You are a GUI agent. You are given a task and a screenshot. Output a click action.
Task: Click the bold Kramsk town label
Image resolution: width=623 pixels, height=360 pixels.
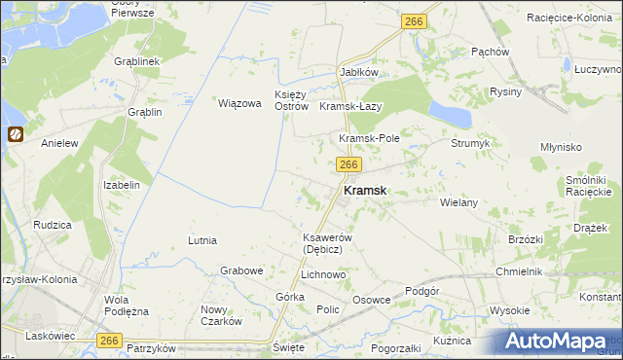click(366, 192)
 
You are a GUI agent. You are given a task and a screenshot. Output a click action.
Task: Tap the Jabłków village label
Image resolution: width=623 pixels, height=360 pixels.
click(357, 72)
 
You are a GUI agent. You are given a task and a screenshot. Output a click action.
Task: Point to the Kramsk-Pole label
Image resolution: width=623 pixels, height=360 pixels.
click(369, 139)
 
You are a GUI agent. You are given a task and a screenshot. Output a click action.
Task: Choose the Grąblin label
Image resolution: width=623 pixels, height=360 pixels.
click(144, 112)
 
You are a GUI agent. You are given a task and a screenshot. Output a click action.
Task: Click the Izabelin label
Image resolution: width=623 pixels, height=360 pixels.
click(123, 184)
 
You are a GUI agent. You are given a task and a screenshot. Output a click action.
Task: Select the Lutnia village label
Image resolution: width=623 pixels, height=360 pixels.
click(202, 239)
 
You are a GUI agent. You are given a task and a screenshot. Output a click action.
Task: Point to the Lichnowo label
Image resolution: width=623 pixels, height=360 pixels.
click(323, 275)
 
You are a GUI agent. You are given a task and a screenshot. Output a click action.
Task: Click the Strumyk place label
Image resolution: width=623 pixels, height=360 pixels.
click(470, 143)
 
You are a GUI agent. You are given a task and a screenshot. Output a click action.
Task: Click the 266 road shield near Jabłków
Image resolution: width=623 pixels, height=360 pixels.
click(414, 20)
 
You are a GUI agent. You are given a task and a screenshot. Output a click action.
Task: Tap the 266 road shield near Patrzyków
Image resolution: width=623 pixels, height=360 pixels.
click(109, 339)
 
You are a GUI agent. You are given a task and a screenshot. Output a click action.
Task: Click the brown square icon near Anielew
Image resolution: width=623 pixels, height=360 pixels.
click(16, 135)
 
